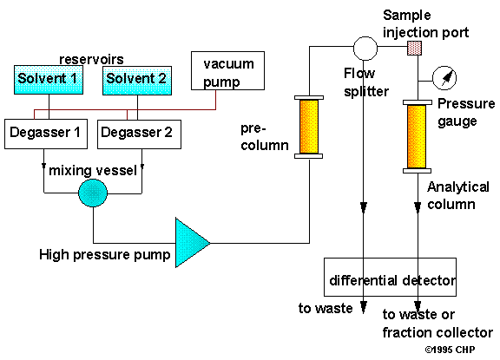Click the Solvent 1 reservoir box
click(x=49, y=80)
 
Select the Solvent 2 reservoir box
click(x=137, y=81)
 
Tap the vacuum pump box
click(x=227, y=71)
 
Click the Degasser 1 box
click(x=46, y=134)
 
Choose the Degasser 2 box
click(x=139, y=134)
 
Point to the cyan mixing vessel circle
click(x=93, y=193)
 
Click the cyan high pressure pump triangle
click(x=190, y=243)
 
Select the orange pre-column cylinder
click(x=309, y=127)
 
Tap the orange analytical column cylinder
click(x=417, y=136)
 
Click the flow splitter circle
click(x=365, y=49)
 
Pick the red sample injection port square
click(x=415, y=48)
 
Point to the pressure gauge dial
click(x=444, y=78)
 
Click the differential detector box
click(x=390, y=278)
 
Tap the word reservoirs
click(x=91, y=59)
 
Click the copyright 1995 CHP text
click(x=450, y=350)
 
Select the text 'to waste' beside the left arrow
click(x=326, y=309)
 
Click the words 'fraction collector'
click(x=437, y=332)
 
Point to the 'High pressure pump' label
click(x=104, y=255)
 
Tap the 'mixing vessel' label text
click(x=93, y=171)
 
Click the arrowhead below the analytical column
click(x=418, y=207)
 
